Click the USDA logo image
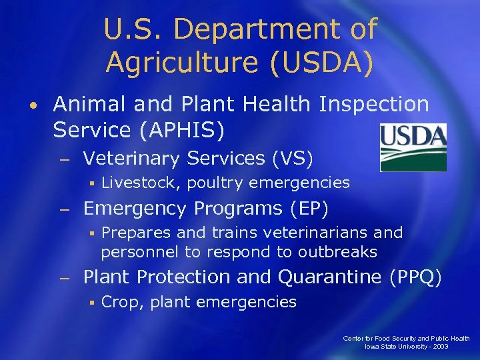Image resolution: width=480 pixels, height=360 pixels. [x=413, y=147]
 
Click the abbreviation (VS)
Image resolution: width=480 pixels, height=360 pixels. [x=291, y=159]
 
